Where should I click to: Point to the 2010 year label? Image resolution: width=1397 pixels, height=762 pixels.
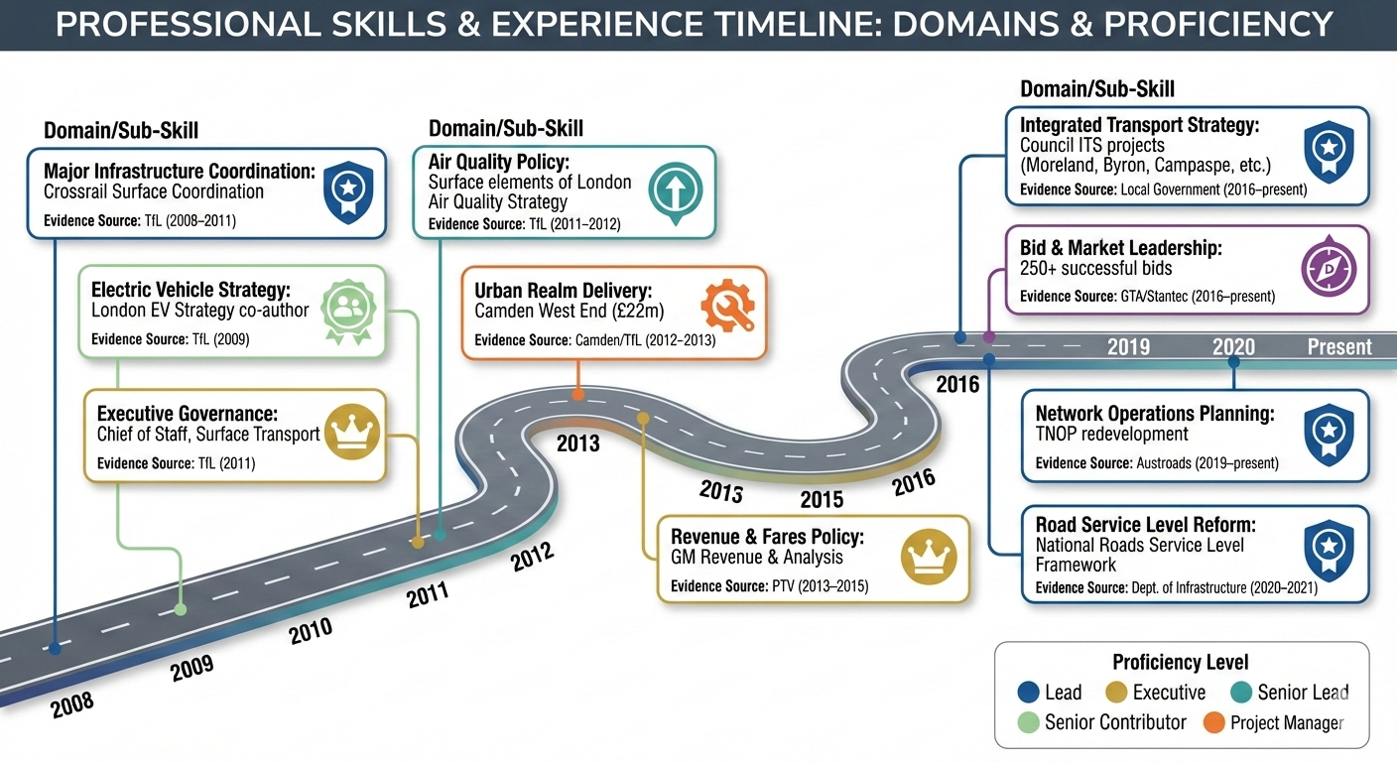311,629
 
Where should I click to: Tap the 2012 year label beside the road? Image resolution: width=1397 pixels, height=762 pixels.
533,559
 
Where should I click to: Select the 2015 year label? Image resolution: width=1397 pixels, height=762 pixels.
822,499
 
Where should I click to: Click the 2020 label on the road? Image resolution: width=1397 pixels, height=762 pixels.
1233,347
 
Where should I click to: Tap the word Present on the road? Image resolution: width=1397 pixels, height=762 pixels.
1339,347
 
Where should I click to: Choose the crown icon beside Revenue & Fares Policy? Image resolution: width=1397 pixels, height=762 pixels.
927,557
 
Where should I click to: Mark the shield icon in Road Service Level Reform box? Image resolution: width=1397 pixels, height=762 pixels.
1327,547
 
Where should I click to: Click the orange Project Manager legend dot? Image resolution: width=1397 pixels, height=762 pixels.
1213,722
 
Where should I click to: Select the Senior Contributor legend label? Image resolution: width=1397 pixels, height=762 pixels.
1115,722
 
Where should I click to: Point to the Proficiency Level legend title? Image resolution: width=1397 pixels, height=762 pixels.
1181,662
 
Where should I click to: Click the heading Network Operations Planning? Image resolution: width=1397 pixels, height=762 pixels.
1155,414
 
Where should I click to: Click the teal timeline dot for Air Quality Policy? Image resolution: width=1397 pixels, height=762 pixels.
441,535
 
